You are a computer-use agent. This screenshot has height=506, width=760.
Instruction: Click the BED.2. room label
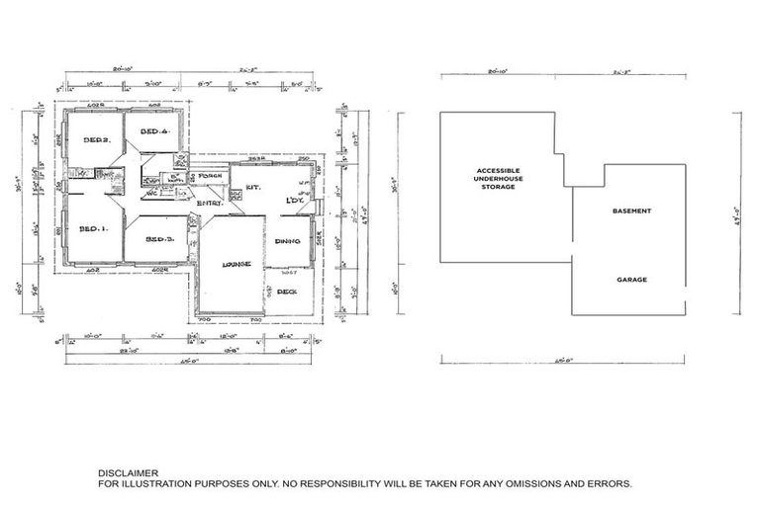click(95, 139)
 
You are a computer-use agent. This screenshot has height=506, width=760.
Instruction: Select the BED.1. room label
click(92, 229)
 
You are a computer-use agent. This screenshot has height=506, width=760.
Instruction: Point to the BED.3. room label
click(159, 240)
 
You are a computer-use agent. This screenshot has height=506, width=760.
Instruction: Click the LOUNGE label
click(236, 264)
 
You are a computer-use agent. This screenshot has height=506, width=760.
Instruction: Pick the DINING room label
click(287, 241)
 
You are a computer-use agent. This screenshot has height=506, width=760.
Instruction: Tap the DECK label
click(287, 292)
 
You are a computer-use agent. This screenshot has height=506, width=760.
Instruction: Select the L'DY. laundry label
click(294, 202)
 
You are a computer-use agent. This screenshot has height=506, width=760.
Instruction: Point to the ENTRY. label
click(210, 203)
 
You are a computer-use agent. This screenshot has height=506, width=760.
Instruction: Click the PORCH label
click(209, 177)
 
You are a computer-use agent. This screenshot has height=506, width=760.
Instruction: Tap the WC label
click(152, 194)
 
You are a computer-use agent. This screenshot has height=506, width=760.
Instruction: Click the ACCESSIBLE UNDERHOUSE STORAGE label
click(498, 178)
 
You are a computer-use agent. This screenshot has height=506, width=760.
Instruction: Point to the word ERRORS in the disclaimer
click(608, 485)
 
